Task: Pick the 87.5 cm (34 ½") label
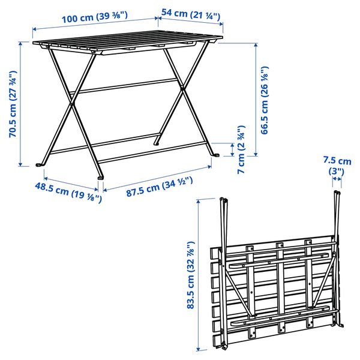[x=158, y=187]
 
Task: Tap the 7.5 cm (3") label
[x=337, y=166]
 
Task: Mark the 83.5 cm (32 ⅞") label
[x=191, y=275]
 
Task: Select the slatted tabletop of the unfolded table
[x=126, y=46]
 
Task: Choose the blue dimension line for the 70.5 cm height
[x=22, y=103]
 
